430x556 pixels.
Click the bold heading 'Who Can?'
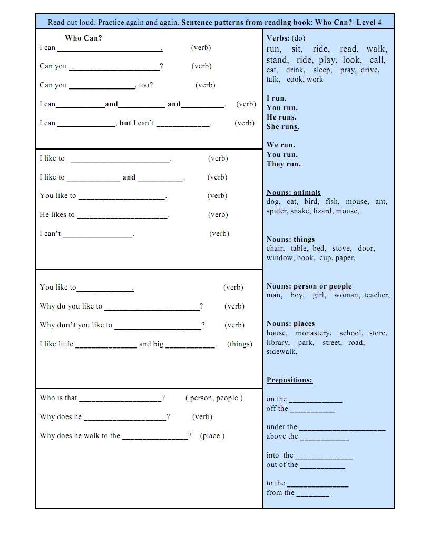point(83,38)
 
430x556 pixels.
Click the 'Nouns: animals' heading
point(294,193)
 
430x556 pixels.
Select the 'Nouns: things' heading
point(291,240)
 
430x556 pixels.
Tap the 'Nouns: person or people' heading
point(309,286)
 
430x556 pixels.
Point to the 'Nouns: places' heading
point(291,324)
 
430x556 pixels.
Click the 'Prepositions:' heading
point(289,380)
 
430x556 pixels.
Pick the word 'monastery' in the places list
point(313,333)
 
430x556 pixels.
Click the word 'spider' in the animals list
point(277,211)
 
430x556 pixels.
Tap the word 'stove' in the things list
point(341,249)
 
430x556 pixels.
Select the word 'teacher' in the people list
point(377,295)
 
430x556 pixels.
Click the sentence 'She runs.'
point(283,127)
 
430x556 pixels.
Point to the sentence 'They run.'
point(284,164)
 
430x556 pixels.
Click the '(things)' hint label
point(240,344)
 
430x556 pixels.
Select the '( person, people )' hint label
point(214,398)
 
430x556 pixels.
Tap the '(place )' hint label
point(212,436)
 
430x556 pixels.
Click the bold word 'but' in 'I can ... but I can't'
point(125,123)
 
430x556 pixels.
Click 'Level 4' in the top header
point(369,22)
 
